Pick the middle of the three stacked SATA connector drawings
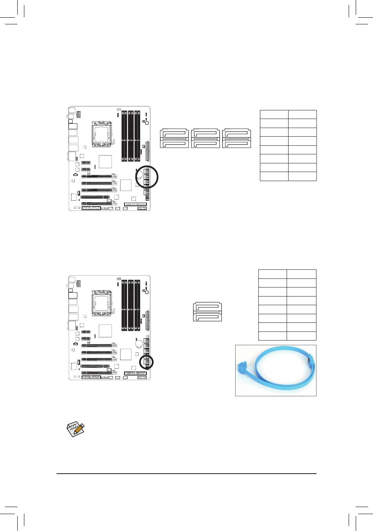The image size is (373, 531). tap(205, 139)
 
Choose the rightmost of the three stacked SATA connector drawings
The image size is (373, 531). tap(236, 139)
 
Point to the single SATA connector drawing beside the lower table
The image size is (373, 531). tap(207, 312)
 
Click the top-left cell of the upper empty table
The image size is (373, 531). tap(274, 114)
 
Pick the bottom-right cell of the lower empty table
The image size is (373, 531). tap(301, 336)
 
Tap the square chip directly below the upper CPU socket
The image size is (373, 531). tap(105, 161)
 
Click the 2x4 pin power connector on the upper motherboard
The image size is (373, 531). tap(79, 114)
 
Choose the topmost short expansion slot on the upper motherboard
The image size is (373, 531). tap(86, 163)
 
